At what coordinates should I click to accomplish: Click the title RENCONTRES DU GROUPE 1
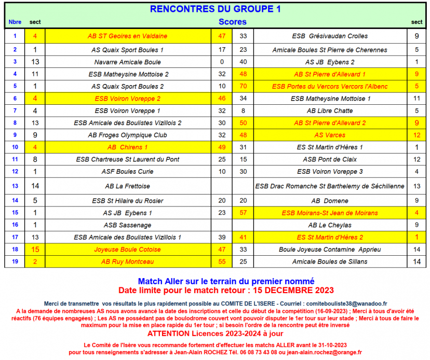point(215,9)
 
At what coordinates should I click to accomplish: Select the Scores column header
point(232,22)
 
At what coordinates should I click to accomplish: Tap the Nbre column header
point(15,22)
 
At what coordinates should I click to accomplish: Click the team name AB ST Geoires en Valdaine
point(127,36)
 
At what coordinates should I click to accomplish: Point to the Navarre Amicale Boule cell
point(127,62)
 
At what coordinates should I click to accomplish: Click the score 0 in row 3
point(222,62)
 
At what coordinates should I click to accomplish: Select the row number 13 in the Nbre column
point(15,186)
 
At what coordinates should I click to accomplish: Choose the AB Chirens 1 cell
point(127,147)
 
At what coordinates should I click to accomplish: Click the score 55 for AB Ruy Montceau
point(222,262)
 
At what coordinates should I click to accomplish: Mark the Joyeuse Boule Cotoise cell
point(127,250)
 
